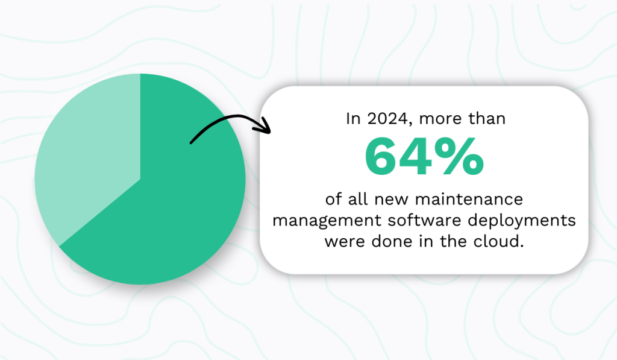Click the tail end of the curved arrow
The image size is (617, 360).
[x=192, y=142]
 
